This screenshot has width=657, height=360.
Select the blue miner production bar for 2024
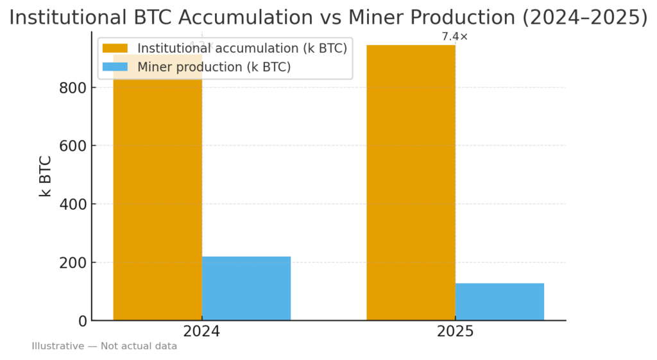point(246,288)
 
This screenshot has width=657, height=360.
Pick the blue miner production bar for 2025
point(499,302)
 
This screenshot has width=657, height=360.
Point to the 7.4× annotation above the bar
point(455,37)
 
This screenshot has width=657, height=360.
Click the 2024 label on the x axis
point(201,332)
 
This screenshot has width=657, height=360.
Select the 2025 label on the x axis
point(455,332)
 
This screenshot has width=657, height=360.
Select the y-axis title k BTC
point(46,175)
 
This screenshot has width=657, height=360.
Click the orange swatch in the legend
point(115,49)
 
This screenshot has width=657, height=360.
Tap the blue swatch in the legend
point(115,67)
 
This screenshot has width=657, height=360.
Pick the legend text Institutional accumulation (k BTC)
point(242,49)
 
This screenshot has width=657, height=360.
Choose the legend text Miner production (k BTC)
point(214,67)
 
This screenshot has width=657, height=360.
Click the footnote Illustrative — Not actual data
point(105,347)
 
